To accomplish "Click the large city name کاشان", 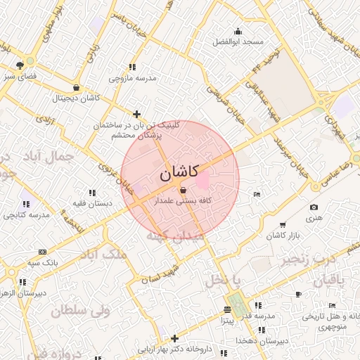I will coord(179,172).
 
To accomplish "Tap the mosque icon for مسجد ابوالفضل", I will coord(238,31).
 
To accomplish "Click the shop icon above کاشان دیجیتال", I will coord(75,88).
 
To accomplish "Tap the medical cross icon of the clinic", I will coord(136,114).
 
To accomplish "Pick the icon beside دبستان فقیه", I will coord(91,192).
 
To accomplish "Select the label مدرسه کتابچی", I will coord(27,214).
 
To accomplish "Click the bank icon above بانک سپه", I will coord(42,251).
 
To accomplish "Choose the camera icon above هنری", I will coord(314,207).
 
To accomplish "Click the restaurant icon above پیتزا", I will coord(227,309).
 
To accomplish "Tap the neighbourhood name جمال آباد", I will coord(64,158).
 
